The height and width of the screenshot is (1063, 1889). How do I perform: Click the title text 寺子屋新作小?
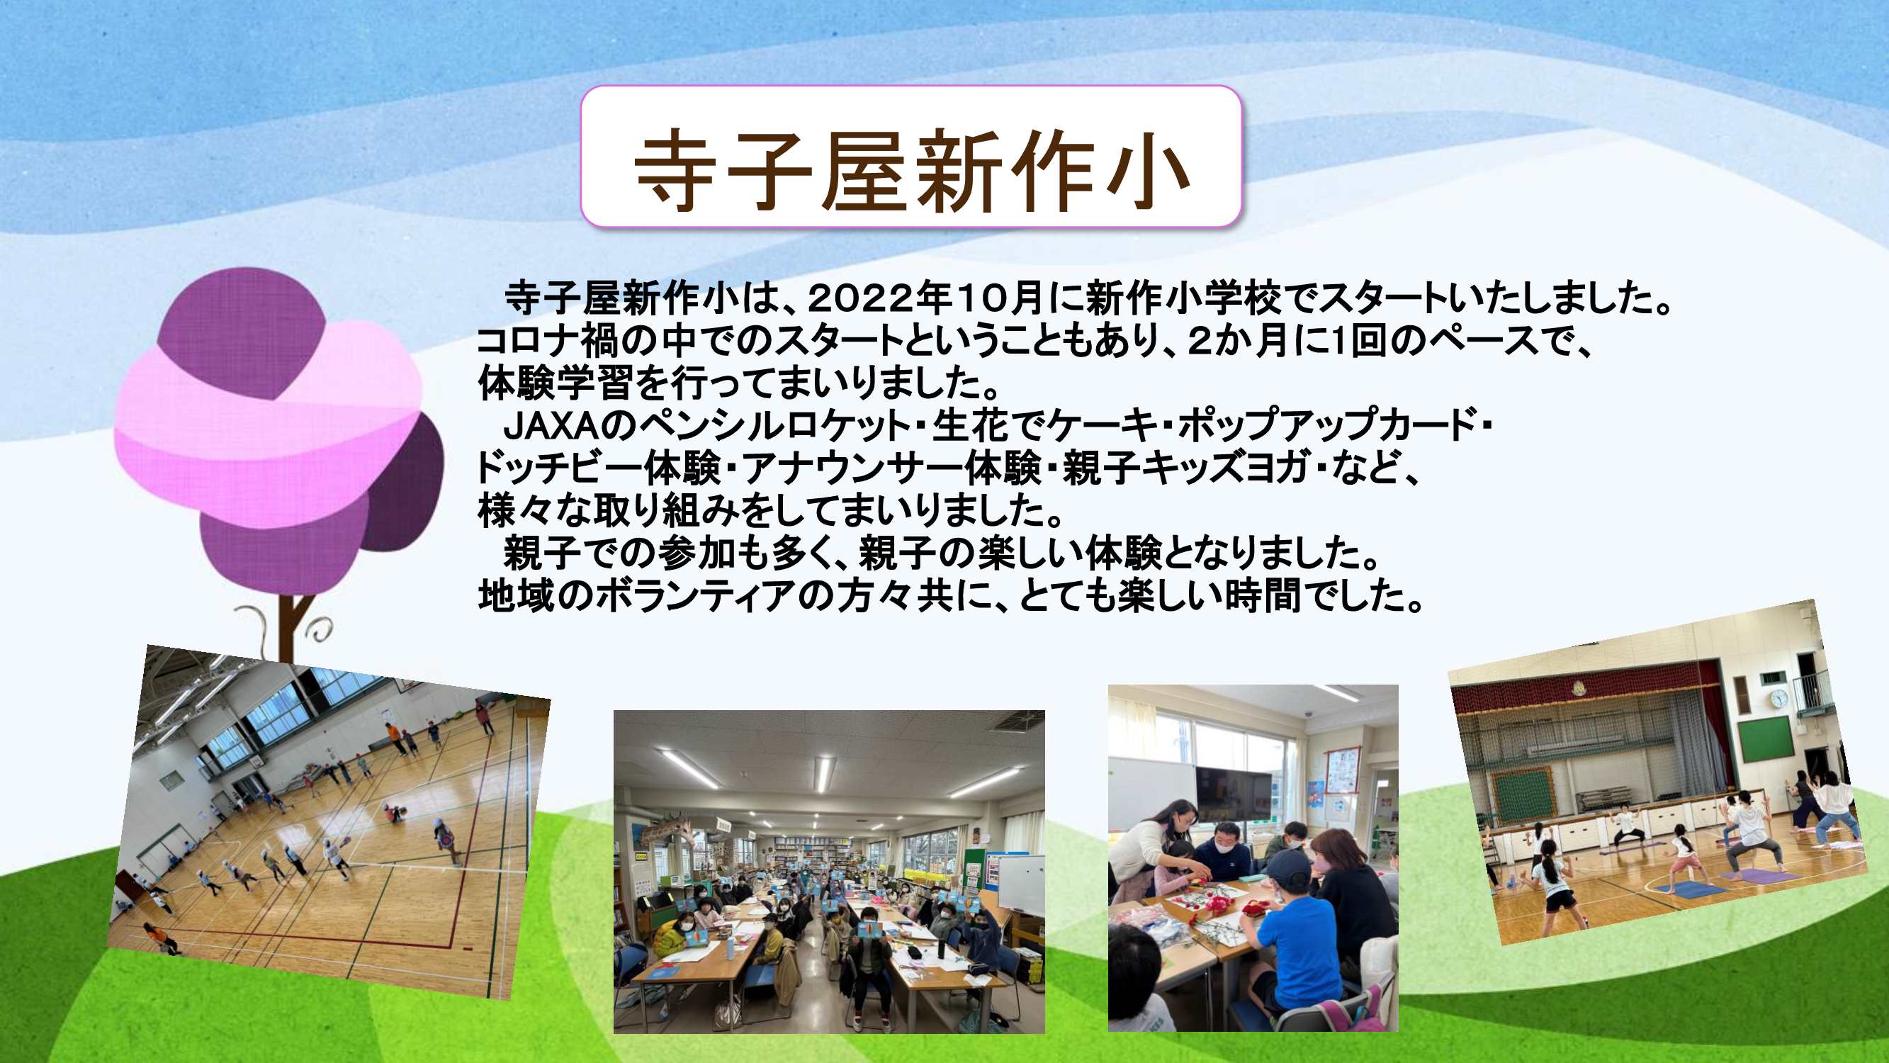pyautogui.click(x=910, y=170)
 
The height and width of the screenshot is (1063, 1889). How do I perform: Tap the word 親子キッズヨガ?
pyautogui.click(x=1184, y=468)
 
